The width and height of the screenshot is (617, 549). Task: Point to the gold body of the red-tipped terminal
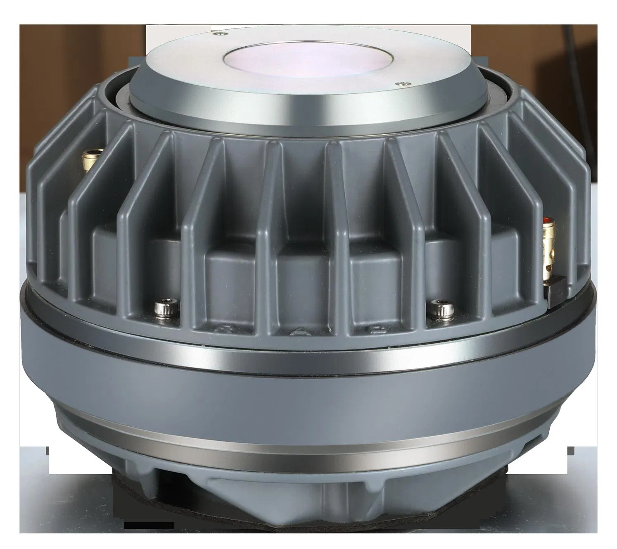coord(551,252)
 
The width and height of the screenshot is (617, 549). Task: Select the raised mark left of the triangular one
coord(220,328)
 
